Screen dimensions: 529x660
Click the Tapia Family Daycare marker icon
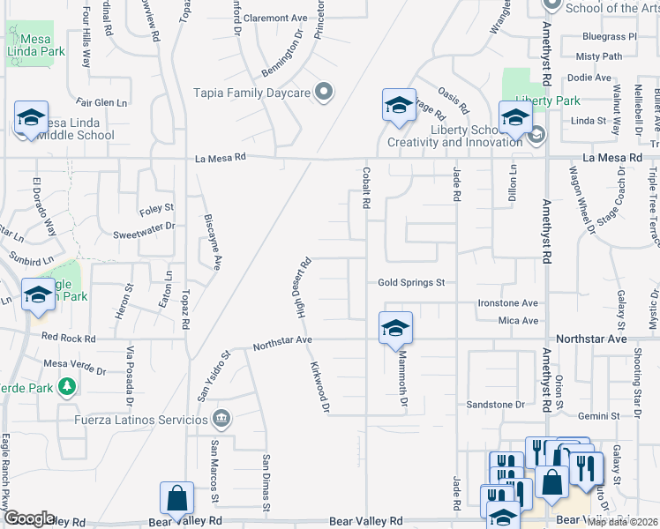click(x=325, y=92)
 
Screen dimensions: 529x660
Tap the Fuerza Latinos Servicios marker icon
click(x=221, y=418)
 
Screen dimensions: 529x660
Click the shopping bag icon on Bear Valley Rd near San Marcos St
click(x=176, y=498)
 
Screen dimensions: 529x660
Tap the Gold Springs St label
click(x=410, y=283)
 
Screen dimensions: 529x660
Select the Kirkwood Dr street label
click(x=319, y=386)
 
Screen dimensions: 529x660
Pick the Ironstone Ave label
click(x=507, y=302)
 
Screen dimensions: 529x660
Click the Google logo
click(x=28, y=518)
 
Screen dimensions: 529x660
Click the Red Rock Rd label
click(x=68, y=338)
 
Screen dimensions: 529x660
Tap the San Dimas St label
click(x=265, y=481)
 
